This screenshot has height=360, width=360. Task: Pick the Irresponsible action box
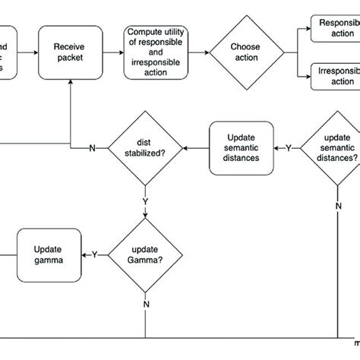334,76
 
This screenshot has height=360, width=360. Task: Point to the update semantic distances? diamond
332,147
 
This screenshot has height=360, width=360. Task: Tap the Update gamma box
48,254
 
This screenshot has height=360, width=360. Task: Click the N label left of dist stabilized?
93,147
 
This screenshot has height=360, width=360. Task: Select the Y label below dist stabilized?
145,202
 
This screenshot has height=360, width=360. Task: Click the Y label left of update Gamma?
94,255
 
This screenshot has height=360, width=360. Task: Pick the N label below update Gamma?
145,304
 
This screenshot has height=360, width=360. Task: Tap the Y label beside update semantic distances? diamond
288,147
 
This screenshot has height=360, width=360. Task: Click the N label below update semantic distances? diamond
338,205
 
